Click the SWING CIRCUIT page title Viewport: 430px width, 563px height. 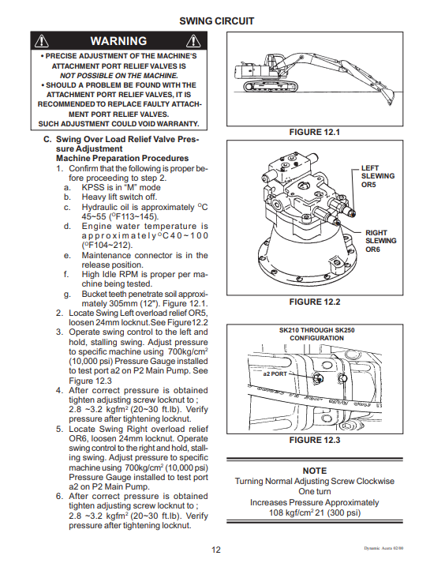(217, 21)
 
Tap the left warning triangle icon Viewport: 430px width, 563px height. (42, 41)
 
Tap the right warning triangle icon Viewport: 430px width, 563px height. (193, 41)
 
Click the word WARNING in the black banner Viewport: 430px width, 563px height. (118, 41)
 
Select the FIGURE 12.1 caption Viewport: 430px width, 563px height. (315, 132)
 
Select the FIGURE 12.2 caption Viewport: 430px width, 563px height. (315, 302)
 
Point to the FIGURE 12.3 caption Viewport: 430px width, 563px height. (315, 440)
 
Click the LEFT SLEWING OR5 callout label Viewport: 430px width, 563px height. (378, 176)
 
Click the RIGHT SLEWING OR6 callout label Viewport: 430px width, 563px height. (381, 241)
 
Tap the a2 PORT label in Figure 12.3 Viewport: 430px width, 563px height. (275, 373)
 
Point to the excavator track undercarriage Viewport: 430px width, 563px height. (271, 86)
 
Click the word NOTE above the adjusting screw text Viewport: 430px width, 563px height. (315, 471)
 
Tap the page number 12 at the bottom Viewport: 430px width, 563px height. (216, 550)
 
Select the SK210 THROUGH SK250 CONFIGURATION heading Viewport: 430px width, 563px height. (316, 334)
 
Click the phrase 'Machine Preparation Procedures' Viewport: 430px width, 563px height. (122, 159)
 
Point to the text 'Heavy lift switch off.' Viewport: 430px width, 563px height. (119, 197)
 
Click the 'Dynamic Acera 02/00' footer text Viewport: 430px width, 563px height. (383, 548)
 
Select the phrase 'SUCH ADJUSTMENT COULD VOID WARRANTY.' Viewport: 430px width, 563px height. (118, 124)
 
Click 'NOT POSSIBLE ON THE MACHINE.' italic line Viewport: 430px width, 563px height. (118, 76)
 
